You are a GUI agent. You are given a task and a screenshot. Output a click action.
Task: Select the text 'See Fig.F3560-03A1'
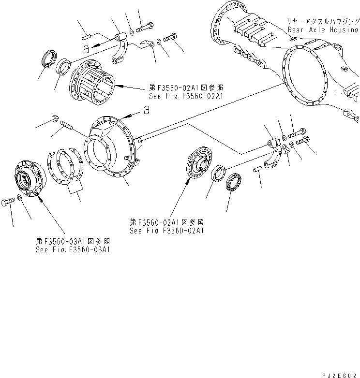click(x=73, y=249)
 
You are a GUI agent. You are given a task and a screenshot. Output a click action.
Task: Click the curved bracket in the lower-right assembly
click(x=276, y=155)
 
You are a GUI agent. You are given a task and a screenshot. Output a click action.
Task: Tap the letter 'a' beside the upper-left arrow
click(x=86, y=48)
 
